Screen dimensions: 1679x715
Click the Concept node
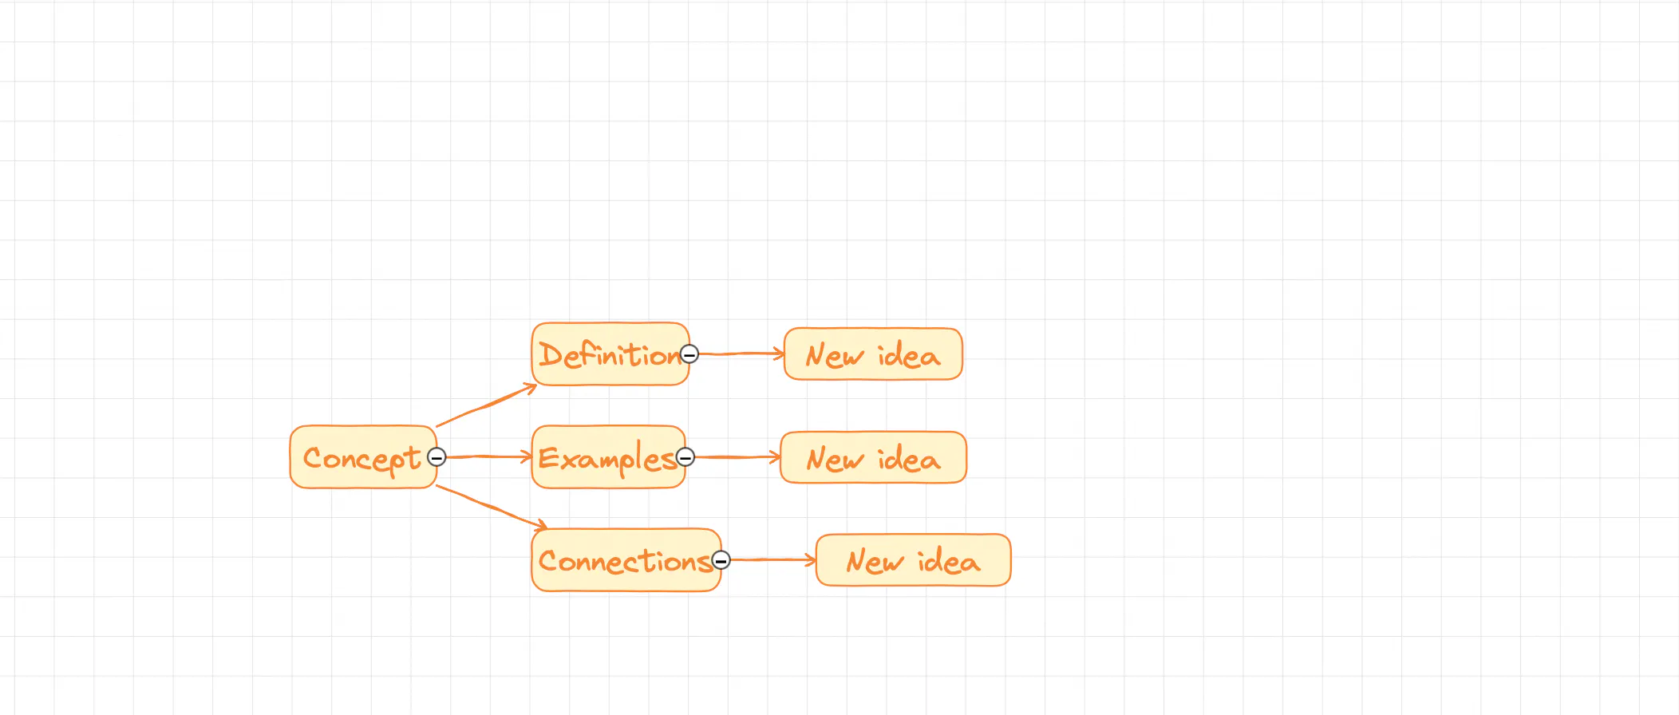pyautogui.click(x=363, y=457)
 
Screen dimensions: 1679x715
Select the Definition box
pyautogui.click(x=610, y=354)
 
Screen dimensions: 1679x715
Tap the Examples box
pyautogui.click(x=608, y=457)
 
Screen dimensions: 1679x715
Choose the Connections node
pyautogui.click(x=626, y=560)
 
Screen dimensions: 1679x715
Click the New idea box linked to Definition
pyautogui.click(x=873, y=354)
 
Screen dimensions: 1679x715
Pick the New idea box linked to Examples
pyautogui.click(x=873, y=457)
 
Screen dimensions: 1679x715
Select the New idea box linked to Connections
pyautogui.click(x=913, y=560)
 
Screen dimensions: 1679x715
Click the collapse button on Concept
pyautogui.click(x=437, y=457)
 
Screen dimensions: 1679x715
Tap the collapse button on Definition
pyautogui.click(x=690, y=354)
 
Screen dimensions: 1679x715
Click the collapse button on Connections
pyautogui.click(x=721, y=560)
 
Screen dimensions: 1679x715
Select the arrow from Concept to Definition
pyautogui.click(x=486, y=405)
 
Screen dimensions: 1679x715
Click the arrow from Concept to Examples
pyautogui.click(x=488, y=457)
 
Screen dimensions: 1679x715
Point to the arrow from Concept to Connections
pyautogui.click(x=491, y=507)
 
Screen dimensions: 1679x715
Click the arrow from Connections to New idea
pyautogui.click(x=772, y=560)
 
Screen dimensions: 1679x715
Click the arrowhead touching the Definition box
pyautogui.click(x=531, y=388)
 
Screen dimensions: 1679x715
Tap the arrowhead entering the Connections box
pyautogui.click(x=541, y=526)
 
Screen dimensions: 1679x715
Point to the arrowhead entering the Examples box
pyautogui.click(x=527, y=457)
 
